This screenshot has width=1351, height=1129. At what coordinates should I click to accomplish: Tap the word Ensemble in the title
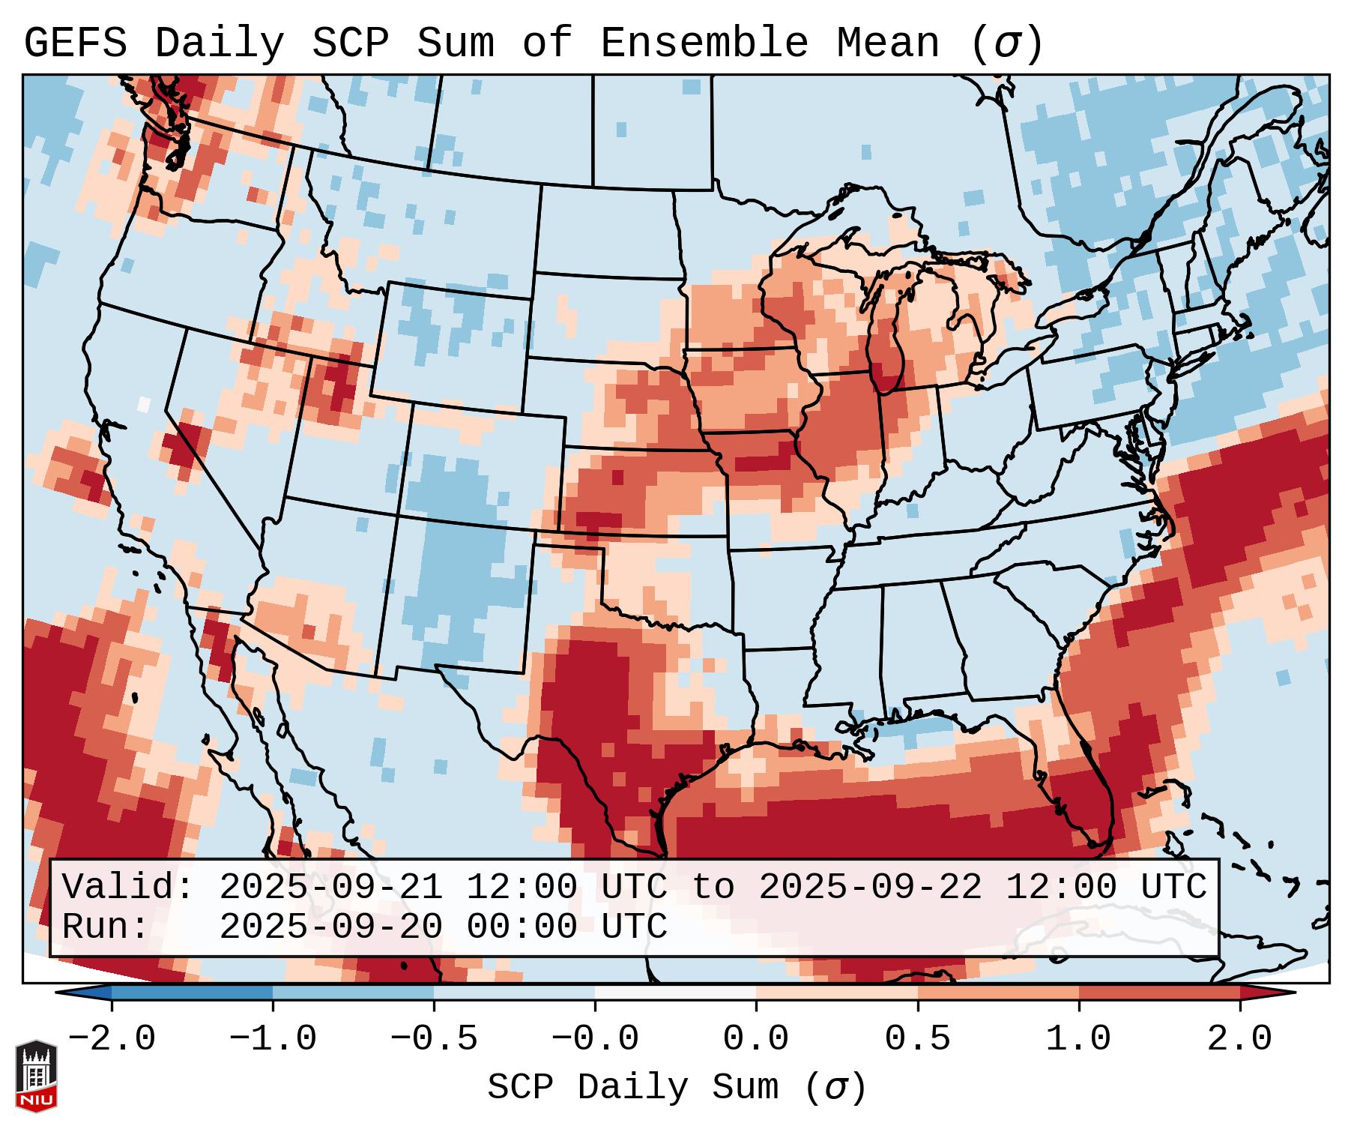point(704,43)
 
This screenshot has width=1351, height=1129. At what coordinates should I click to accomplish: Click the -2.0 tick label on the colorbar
point(112,1039)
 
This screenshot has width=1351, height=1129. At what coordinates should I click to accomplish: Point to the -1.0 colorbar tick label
point(273,1039)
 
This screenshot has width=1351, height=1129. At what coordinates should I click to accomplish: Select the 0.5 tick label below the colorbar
point(917,1039)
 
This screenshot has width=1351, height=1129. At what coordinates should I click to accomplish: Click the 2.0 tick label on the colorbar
point(1240,1039)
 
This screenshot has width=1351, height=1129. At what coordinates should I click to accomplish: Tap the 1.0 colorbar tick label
point(1078,1039)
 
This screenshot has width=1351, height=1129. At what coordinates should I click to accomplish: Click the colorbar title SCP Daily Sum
point(632,1088)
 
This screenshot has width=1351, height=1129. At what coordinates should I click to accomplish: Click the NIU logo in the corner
point(36,1076)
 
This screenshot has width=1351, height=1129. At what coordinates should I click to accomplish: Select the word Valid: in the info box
point(128,887)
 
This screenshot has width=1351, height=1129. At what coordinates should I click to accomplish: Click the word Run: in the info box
point(106,927)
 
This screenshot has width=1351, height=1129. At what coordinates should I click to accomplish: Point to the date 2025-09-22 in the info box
point(870,887)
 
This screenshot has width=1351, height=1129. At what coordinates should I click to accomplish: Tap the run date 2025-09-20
point(330,927)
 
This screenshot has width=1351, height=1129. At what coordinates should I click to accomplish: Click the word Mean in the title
point(887,43)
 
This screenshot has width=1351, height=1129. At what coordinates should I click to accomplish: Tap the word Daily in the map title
point(219,43)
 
